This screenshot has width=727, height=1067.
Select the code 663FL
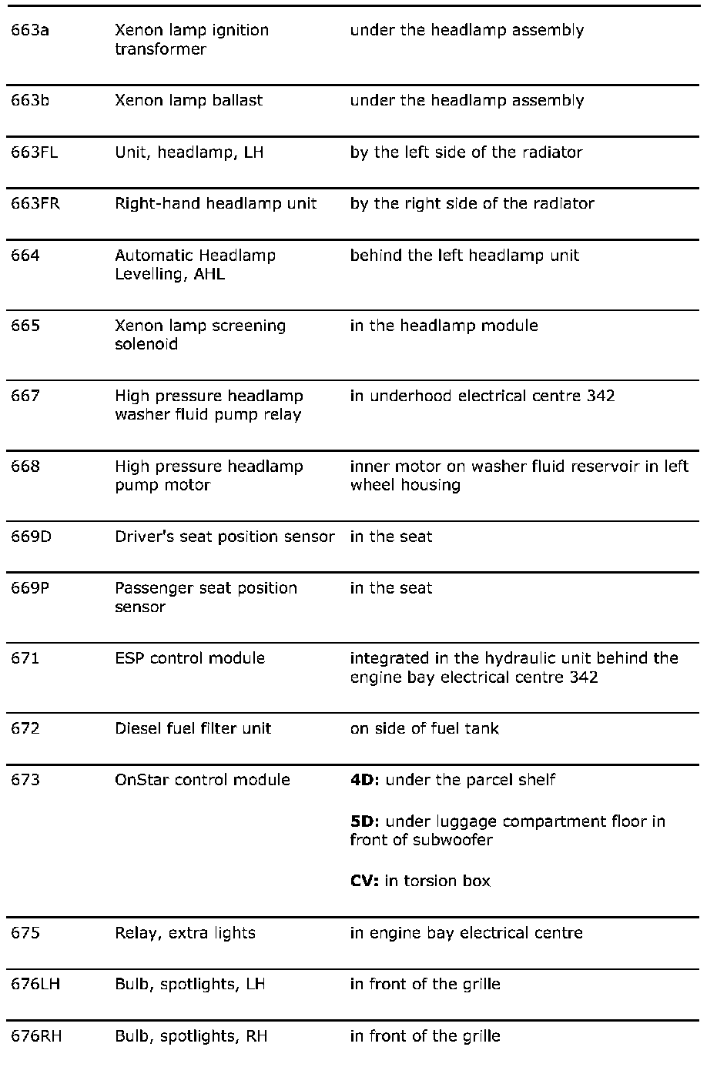point(34,152)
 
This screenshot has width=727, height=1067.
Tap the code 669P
point(30,588)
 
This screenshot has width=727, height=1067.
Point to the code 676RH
point(36,1036)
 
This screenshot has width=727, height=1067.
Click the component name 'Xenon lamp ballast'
point(189,101)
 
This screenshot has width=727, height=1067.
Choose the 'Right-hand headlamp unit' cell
point(216,204)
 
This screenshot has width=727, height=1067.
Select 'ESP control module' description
point(189,658)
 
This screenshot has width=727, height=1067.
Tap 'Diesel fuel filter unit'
point(193,728)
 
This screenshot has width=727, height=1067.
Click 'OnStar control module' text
point(202,780)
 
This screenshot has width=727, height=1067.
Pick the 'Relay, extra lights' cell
point(185,933)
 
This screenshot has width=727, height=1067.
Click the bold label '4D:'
point(364,780)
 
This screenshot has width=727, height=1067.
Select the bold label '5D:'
point(364,821)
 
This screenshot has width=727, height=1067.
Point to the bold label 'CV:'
point(363,881)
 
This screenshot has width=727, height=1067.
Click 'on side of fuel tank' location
point(424,728)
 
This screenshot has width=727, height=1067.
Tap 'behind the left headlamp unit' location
point(464,256)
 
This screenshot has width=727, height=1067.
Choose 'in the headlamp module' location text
point(444,326)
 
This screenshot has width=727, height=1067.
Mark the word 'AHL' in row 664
point(209,275)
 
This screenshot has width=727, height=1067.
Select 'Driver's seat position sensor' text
point(224,537)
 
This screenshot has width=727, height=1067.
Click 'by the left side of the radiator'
point(465,152)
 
